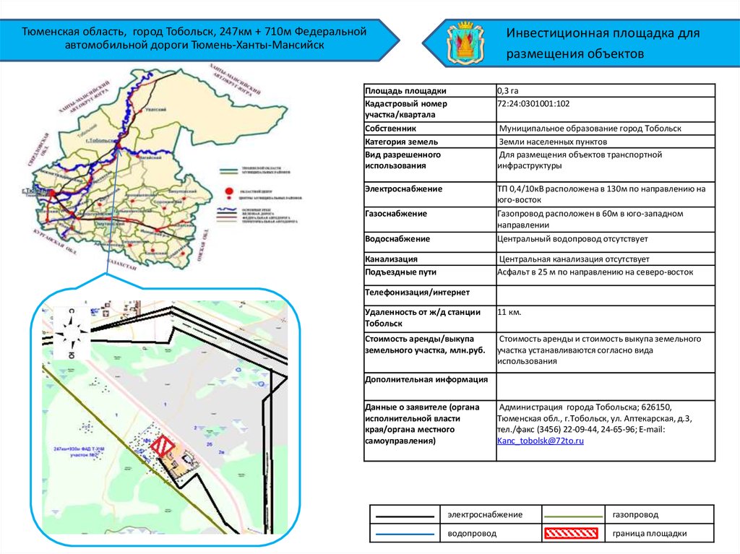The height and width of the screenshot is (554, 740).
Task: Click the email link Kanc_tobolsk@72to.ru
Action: click(540, 440)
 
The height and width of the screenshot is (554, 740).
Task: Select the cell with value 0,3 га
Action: click(508, 91)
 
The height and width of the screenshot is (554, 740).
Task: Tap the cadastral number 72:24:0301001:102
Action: click(533, 104)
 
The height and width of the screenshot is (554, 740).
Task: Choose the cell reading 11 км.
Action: click(509, 312)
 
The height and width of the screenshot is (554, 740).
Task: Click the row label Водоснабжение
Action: click(397, 239)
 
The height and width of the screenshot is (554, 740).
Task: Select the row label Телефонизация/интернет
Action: click(418, 293)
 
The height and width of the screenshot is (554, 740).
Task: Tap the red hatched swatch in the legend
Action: click(571, 534)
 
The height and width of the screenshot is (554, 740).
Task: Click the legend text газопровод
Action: click(635, 514)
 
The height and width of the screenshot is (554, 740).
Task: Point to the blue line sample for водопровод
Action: click(404, 534)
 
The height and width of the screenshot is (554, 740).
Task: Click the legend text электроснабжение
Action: click(484, 514)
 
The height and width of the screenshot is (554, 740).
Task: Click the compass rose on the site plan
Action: click(72, 333)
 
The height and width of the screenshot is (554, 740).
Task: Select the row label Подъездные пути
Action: click(401, 273)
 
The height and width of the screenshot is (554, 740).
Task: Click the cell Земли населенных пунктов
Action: click(553, 142)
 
